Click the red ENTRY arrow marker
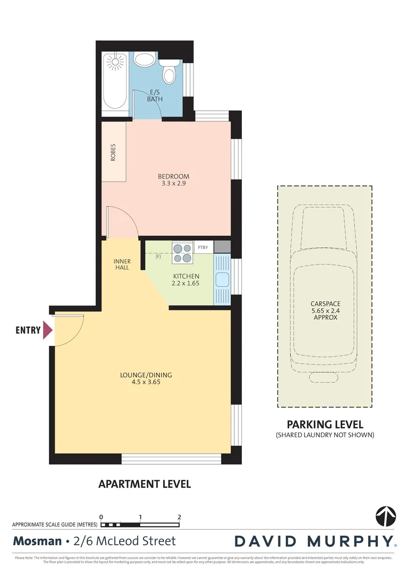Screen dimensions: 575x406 48,330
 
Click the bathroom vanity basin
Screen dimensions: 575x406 144,59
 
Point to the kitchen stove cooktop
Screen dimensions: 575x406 182,252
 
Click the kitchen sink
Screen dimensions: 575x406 222,279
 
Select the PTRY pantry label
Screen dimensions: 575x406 203,248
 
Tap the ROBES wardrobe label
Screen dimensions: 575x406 113,153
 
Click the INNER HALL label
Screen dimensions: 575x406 122,264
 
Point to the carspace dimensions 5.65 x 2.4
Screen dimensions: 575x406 325,310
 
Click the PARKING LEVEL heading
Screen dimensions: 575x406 325,424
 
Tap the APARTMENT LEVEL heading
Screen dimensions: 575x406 145,484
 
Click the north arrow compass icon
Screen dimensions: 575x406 385,515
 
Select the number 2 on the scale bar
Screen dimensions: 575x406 179,517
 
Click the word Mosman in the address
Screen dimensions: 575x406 37,541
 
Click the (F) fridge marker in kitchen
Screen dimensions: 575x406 158,257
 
